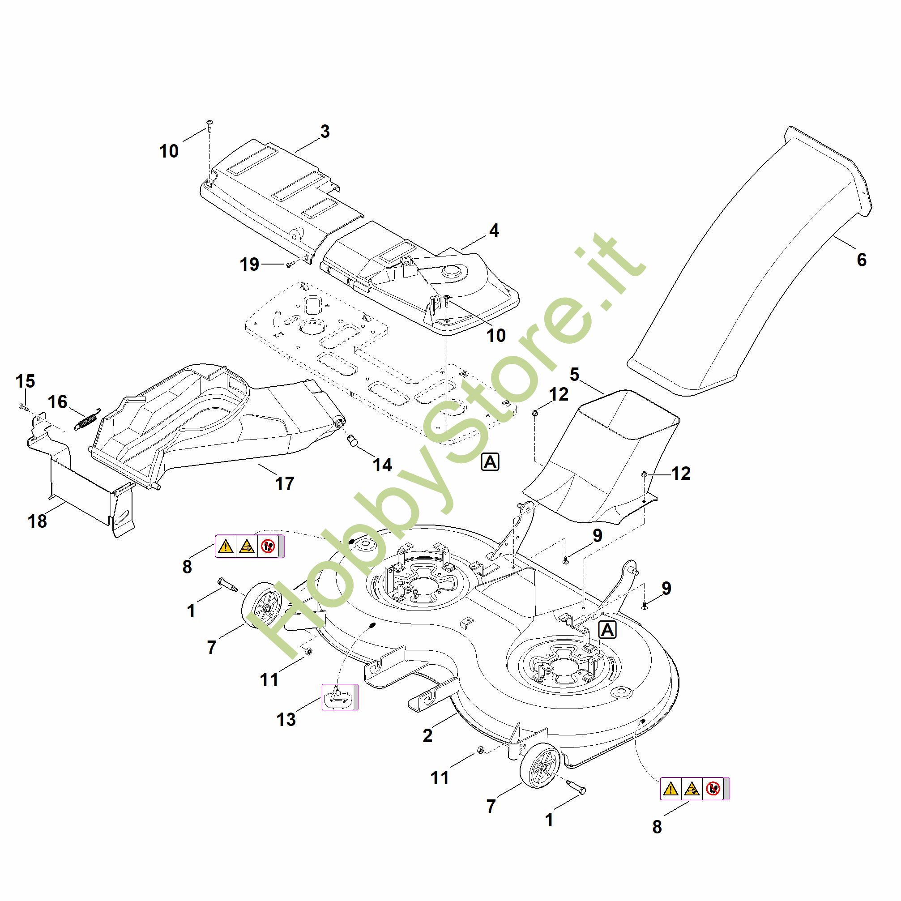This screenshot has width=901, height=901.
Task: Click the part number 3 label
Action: click(325, 132)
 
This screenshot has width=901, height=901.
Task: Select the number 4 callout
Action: click(494, 231)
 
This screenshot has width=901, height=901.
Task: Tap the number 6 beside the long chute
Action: click(861, 260)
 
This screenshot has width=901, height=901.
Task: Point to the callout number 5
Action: click(574, 374)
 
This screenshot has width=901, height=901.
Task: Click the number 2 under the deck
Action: click(427, 735)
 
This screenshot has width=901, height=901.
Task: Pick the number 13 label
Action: click(286, 720)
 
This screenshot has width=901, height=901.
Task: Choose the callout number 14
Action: click(382, 465)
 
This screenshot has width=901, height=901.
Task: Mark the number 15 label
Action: click(25, 381)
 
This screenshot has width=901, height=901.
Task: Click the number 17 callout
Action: click(285, 483)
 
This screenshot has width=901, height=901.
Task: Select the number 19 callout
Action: click(249, 265)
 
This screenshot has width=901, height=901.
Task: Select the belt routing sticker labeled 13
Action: click(340, 697)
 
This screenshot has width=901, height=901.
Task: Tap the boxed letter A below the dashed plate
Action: click(490, 462)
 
